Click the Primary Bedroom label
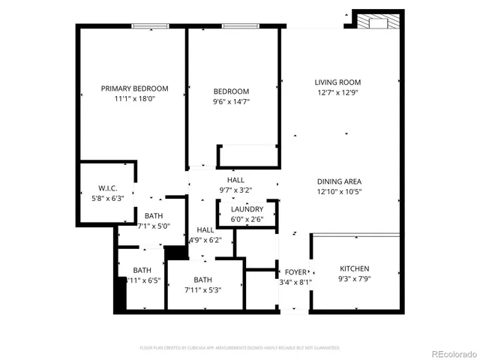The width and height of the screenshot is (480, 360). coord(135,88)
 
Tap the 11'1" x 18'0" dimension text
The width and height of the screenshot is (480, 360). coord(135,98)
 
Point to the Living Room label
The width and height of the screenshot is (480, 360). coord(337,82)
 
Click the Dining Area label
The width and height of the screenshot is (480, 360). coord(340,181)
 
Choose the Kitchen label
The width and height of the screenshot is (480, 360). coord(355,268)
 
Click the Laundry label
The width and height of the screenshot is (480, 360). coord(247,209)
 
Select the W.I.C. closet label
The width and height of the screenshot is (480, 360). coord(107,187)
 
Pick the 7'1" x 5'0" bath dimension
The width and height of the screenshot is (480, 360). coord(154,225)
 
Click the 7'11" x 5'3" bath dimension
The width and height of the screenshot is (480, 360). coord(203,290)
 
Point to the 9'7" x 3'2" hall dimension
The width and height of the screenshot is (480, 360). coord(236,190)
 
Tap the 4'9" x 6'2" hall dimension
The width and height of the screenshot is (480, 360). coord(205,240)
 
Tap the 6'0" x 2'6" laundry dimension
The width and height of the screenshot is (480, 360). coord(247,219)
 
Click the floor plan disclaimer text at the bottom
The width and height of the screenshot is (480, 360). coord(239,348)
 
